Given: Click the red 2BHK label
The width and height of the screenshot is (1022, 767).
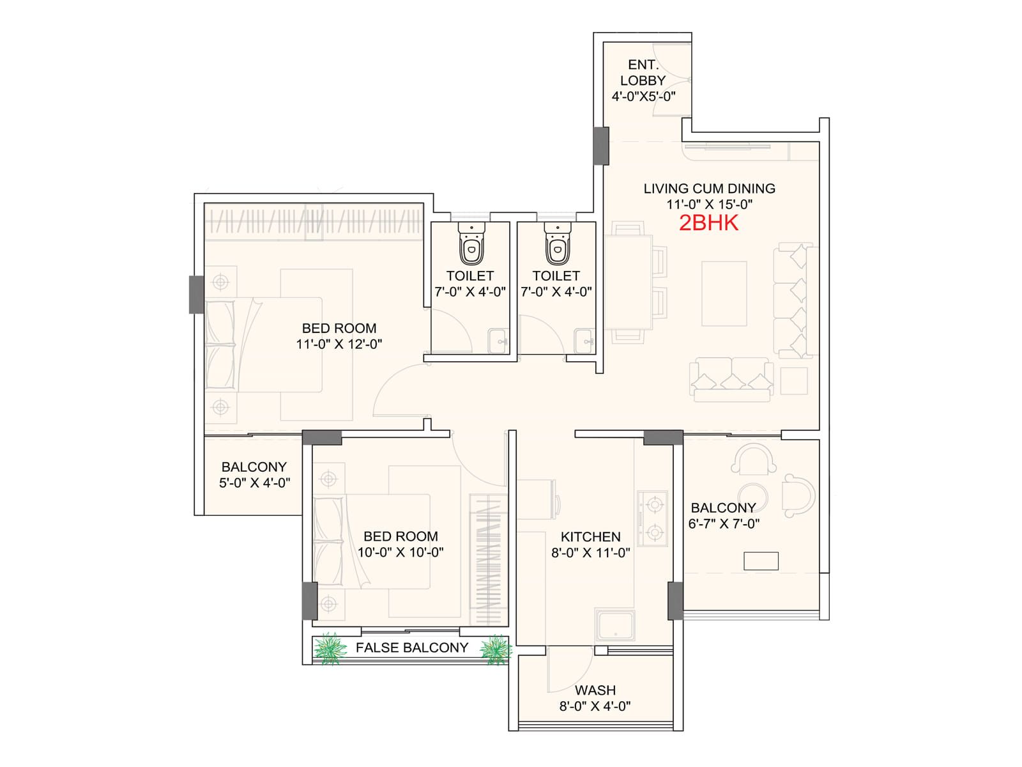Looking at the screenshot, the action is tap(708, 223).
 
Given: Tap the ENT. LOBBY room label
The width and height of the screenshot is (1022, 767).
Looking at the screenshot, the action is tap(643, 72).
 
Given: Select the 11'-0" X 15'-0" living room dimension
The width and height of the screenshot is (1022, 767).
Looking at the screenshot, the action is tap(710, 204).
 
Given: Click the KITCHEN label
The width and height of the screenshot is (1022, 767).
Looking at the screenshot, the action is tap(590, 536).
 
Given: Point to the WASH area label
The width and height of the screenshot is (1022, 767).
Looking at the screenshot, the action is tap(595, 690).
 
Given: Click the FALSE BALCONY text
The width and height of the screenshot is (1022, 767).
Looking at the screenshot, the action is tap(412, 647).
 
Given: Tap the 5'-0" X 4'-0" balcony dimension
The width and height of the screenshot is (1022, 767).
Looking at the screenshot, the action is tap(255, 483).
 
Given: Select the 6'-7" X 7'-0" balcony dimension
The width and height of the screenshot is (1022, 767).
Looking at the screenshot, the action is tap(724, 523).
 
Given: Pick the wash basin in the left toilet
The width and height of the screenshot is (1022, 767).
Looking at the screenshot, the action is tap(498, 341).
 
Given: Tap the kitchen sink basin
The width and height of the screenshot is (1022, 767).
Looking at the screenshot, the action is tap(615, 624).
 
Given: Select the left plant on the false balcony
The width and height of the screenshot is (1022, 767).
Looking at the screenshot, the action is tap(330, 648).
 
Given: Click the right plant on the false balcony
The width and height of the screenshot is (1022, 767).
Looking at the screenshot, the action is tap(496, 649).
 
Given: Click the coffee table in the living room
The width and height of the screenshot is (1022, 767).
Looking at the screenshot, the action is tap(724, 293).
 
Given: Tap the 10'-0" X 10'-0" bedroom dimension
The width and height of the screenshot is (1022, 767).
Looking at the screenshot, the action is tap(400, 552).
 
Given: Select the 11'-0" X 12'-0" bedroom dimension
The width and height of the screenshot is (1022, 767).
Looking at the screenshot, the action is tap(339, 344).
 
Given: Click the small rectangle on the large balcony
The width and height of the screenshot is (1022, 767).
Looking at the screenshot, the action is tap(761, 561).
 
